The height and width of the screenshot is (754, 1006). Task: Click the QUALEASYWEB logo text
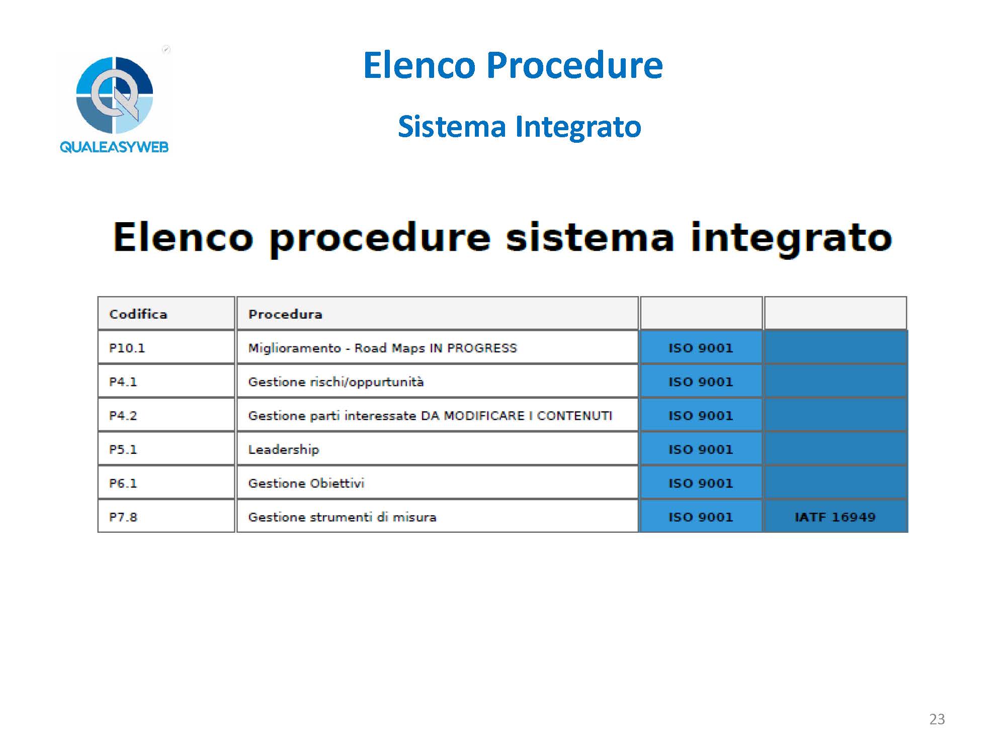point(114,147)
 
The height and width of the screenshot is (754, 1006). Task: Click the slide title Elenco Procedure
point(513,65)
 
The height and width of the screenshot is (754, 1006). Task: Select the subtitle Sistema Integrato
point(520,126)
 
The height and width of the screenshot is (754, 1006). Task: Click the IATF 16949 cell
point(835,517)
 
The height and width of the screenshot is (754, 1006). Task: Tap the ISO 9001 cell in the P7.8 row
point(701,517)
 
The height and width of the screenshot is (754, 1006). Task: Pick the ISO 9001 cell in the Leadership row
point(701,449)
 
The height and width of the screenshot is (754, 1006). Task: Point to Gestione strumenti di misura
point(342,517)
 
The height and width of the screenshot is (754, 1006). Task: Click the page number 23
point(937,719)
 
